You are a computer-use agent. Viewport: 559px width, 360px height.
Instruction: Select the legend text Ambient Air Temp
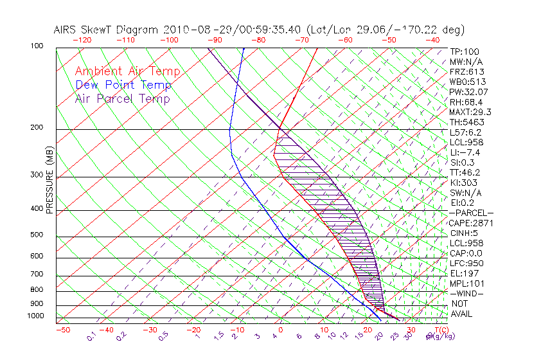click(x=127, y=71)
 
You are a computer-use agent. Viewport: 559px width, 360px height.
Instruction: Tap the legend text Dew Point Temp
click(x=123, y=85)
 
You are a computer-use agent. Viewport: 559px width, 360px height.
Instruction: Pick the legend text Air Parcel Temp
click(x=123, y=98)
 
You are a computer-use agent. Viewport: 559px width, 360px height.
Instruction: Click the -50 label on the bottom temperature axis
click(x=62, y=330)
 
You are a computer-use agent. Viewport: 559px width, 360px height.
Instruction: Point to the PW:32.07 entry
click(x=468, y=92)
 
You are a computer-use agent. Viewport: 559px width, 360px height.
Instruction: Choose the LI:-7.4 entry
click(x=465, y=152)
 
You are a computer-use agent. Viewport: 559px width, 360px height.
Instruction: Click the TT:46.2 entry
click(x=465, y=172)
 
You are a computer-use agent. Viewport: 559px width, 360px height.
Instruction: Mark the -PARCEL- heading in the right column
click(x=471, y=213)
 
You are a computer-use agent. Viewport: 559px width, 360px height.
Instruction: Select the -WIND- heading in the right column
click(x=467, y=293)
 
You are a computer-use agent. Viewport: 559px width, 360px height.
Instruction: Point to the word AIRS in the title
click(x=67, y=30)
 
